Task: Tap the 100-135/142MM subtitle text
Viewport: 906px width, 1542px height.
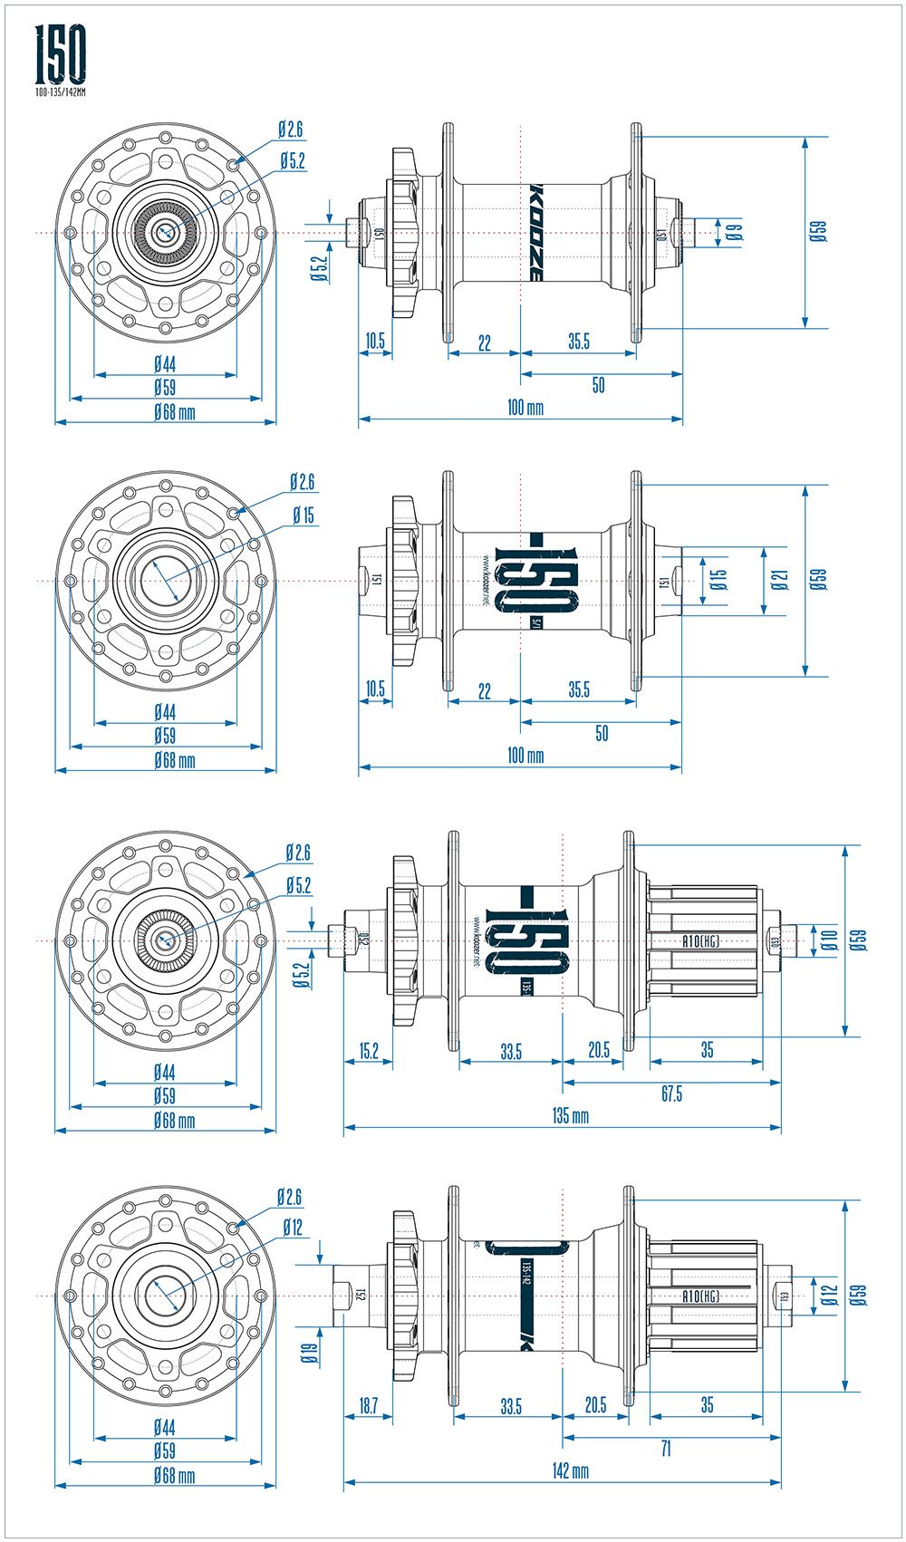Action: [61, 92]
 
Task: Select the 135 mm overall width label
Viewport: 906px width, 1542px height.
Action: [562, 1115]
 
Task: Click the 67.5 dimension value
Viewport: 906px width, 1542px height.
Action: [671, 1094]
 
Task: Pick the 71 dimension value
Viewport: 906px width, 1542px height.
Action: [666, 1448]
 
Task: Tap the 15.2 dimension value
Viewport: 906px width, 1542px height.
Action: [369, 1050]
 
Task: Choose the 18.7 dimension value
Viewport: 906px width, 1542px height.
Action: [368, 1405]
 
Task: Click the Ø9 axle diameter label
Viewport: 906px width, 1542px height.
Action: [734, 232]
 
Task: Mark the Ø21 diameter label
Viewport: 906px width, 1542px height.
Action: [780, 580]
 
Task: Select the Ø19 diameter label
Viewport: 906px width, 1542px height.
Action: [309, 1353]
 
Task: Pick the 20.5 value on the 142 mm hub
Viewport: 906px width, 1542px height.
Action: [595, 1405]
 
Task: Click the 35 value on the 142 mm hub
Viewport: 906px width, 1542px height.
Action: [707, 1405]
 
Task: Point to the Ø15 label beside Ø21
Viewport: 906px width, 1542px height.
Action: [718, 580]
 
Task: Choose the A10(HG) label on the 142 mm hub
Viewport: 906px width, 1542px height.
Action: [700, 1296]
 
